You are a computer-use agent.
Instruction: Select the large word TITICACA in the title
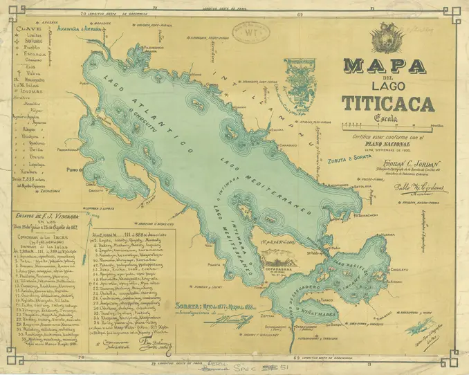pos(387,104)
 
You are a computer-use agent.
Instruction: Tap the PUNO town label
pos(68,168)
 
